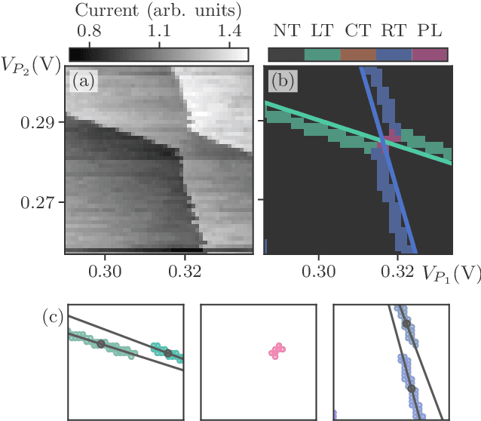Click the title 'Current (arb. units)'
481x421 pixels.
158,11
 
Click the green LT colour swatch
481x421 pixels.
322,54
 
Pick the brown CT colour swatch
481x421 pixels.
358,54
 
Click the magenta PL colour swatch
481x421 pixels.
430,54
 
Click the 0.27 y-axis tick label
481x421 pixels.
35,201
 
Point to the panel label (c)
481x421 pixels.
52,318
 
